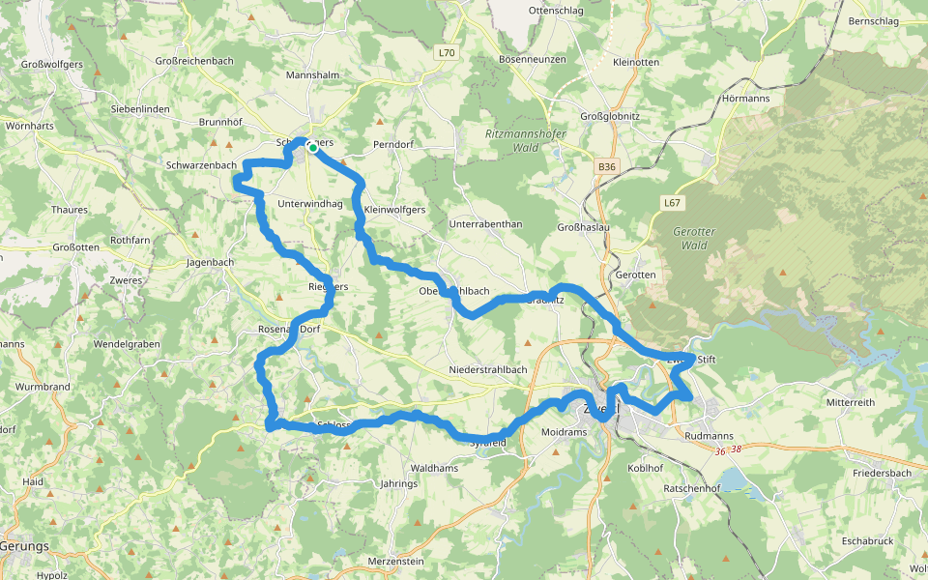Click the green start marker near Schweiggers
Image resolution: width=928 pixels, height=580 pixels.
pyautogui.click(x=312, y=148)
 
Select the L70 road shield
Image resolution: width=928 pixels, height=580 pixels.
pyautogui.click(x=446, y=53)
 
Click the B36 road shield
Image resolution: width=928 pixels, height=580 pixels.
pyautogui.click(x=606, y=167)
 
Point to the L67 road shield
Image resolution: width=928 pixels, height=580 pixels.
pyautogui.click(x=673, y=203)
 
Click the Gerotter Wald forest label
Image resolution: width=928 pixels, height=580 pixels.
pyautogui.click(x=692, y=239)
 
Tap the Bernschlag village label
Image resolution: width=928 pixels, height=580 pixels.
pyautogui.click(x=872, y=21)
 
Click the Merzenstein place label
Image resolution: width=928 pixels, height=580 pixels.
pyautogui.click(x=396, y=562)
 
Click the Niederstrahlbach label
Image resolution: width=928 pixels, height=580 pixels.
pyautogui.click(x=488, y=370)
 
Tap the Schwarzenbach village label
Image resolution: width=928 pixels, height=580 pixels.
pyautogui.click(x=201, y=165)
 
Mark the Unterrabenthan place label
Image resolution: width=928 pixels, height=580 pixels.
pyautogui.click(x=485, y=224)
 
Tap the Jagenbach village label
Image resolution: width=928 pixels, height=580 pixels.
pyautogui.click(x=210, y=262)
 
